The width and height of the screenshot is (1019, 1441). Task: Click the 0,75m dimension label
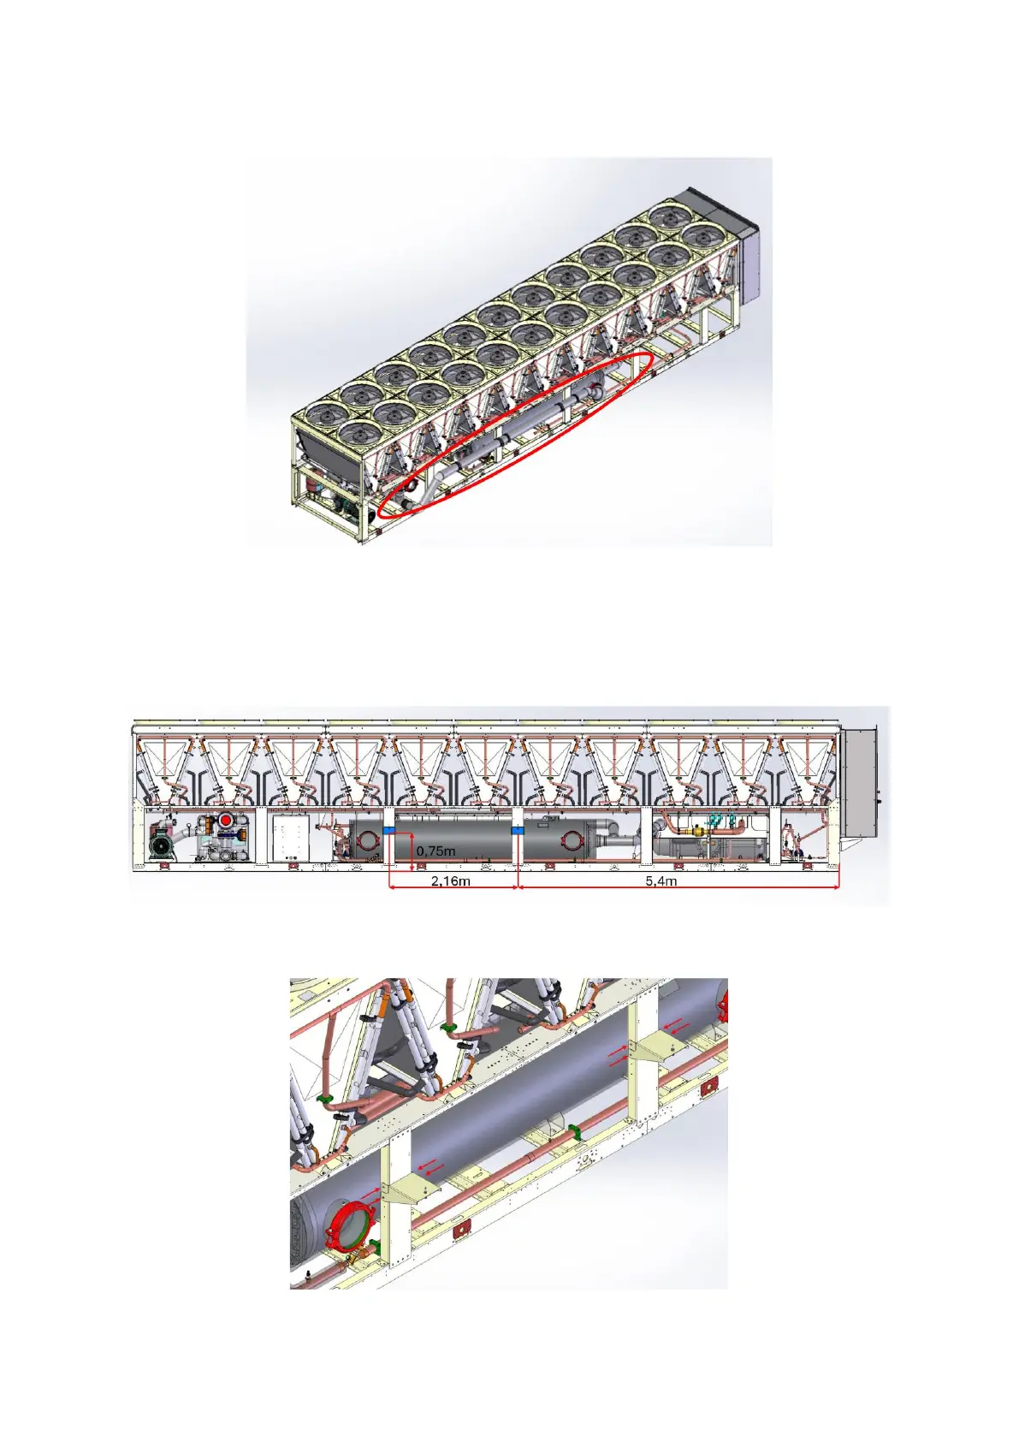pos(435,851)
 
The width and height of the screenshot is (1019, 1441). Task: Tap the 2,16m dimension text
pos(450,881)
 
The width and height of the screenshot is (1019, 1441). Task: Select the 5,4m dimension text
pos(661,881)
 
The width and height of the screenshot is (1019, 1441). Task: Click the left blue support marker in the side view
pos(389,831)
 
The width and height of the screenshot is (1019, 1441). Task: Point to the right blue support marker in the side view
pos(518,831)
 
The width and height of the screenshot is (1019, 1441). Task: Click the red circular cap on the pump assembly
pos(226,821)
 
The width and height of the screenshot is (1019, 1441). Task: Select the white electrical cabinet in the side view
pos(292,838)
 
